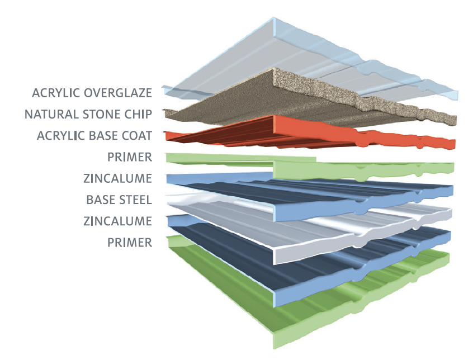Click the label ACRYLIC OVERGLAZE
(92, 92)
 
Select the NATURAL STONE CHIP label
(88, 114)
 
